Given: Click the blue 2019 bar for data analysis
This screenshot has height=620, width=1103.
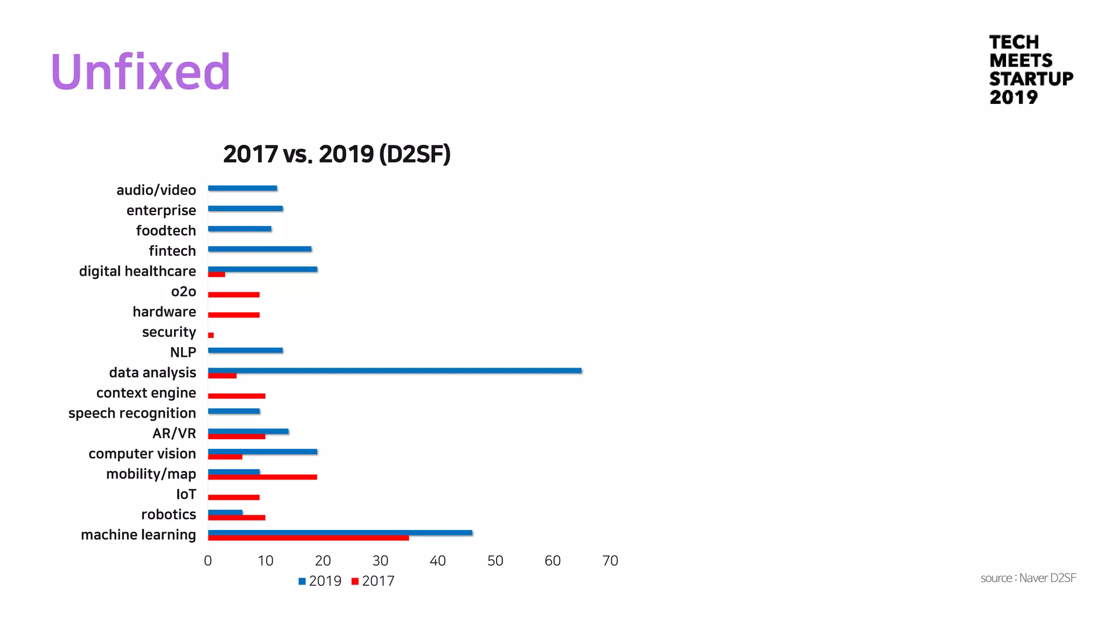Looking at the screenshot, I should (394, 370).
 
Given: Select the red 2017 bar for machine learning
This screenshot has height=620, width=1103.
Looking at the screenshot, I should (308, 538).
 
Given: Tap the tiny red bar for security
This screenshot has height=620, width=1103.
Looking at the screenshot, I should (211, 335).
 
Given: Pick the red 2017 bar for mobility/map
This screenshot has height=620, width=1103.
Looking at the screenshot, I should (262, 477).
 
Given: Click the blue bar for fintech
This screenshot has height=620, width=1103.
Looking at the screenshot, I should (260, 249).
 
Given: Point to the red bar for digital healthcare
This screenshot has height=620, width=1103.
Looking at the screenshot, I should (217, 274).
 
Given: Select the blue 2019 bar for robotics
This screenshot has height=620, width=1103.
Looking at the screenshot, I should (225, 512).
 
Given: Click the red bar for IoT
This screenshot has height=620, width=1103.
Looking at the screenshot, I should (234, 497).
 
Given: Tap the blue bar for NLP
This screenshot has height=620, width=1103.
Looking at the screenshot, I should (245, 350).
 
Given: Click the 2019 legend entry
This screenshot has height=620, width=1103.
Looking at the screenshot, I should (320, 581).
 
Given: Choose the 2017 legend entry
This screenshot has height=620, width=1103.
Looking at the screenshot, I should (373, 581).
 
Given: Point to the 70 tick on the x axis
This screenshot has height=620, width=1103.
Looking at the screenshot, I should (610, 561).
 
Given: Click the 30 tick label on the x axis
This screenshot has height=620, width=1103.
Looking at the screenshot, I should (380, 561).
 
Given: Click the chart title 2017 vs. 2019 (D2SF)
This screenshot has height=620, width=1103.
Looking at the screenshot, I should (337, 154).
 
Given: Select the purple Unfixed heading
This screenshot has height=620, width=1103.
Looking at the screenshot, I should (141, 72).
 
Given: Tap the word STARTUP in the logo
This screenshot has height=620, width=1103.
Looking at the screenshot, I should (1031, 79).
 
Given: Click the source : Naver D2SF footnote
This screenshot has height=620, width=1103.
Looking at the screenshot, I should (1028, 578).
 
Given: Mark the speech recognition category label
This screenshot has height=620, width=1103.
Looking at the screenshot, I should (132, 413).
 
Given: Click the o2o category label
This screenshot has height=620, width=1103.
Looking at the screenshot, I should (183, 291).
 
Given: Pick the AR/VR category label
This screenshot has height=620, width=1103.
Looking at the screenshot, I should (174, 433).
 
